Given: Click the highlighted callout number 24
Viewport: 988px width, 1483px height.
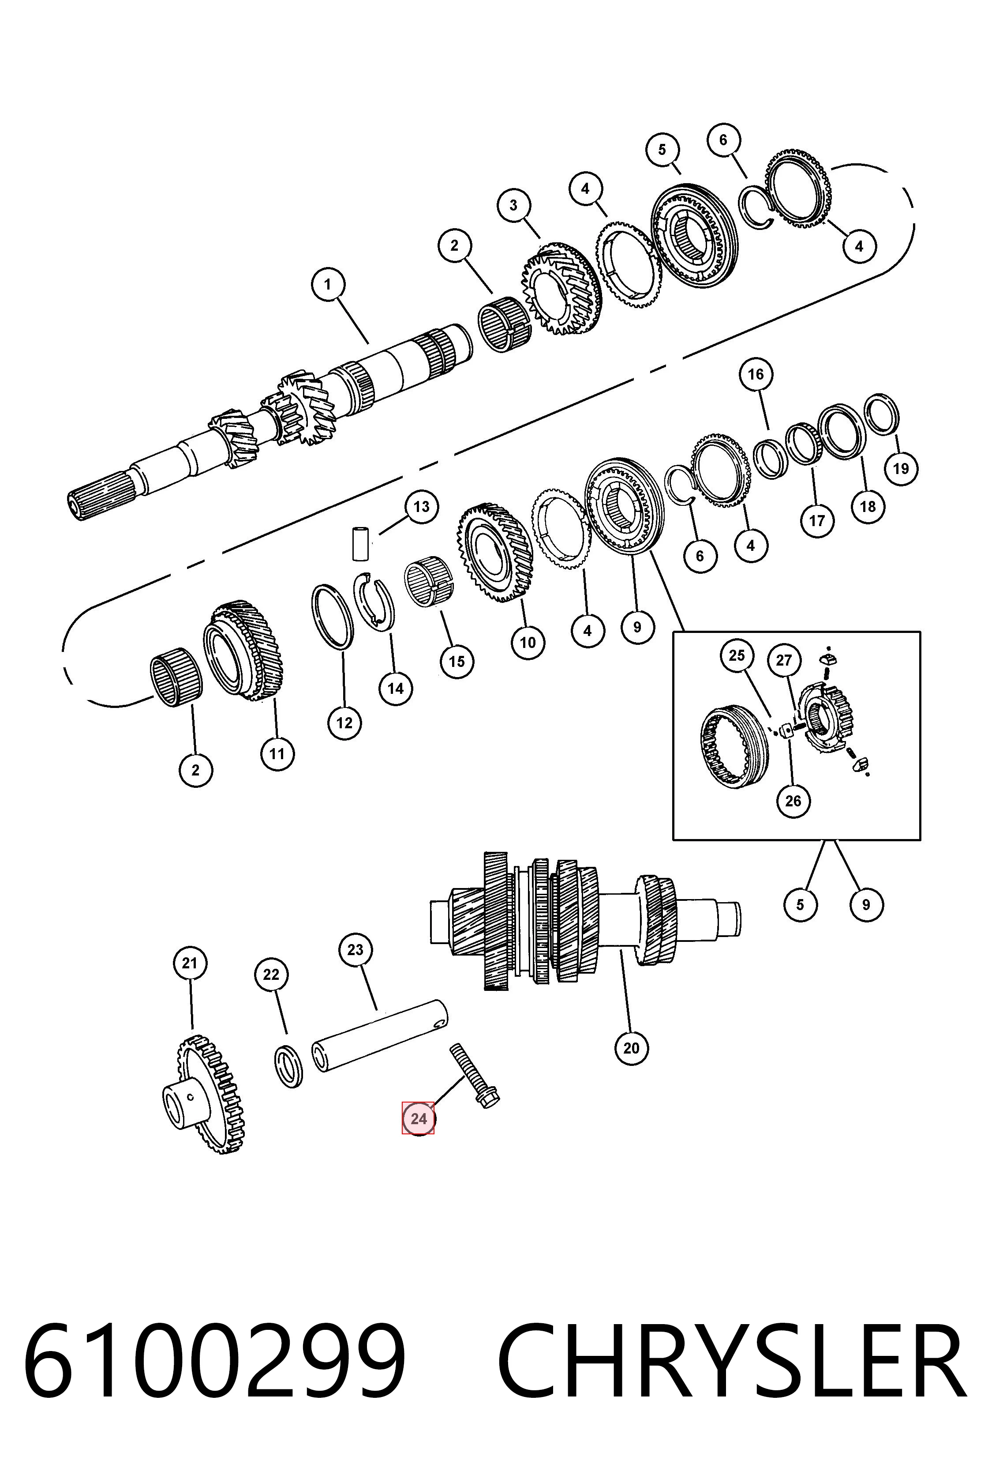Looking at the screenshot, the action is point(419,1118).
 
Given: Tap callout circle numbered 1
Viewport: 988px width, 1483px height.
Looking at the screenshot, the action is point(328,284).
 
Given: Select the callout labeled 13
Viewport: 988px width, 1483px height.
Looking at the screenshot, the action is point(422,506).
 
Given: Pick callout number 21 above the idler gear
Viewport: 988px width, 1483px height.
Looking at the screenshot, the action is point(190,963).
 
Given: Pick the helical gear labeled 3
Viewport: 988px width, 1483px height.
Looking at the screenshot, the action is point(561,288).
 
